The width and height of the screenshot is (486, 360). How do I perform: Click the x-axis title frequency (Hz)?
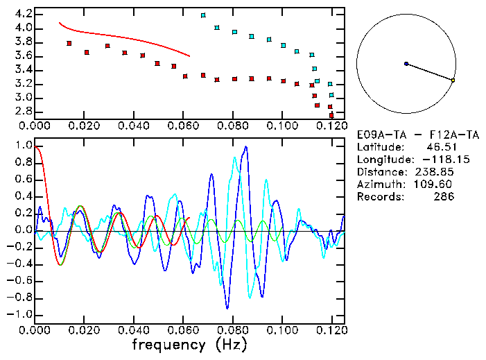click(189, 344)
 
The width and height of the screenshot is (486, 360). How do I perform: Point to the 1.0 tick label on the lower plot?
click(23, 146)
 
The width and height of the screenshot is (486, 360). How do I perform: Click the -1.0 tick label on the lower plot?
click(21, 314)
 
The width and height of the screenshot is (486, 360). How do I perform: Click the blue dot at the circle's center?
click(406, 64)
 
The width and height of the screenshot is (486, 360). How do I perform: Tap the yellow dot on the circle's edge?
click(453, 80)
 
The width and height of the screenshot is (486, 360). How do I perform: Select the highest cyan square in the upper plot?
click(203, 15)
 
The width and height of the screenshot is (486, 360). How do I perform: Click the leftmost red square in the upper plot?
click(69, 43)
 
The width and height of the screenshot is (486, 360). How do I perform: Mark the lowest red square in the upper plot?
click(331, 115)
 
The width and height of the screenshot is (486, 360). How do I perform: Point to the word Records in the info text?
click(379, 197)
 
